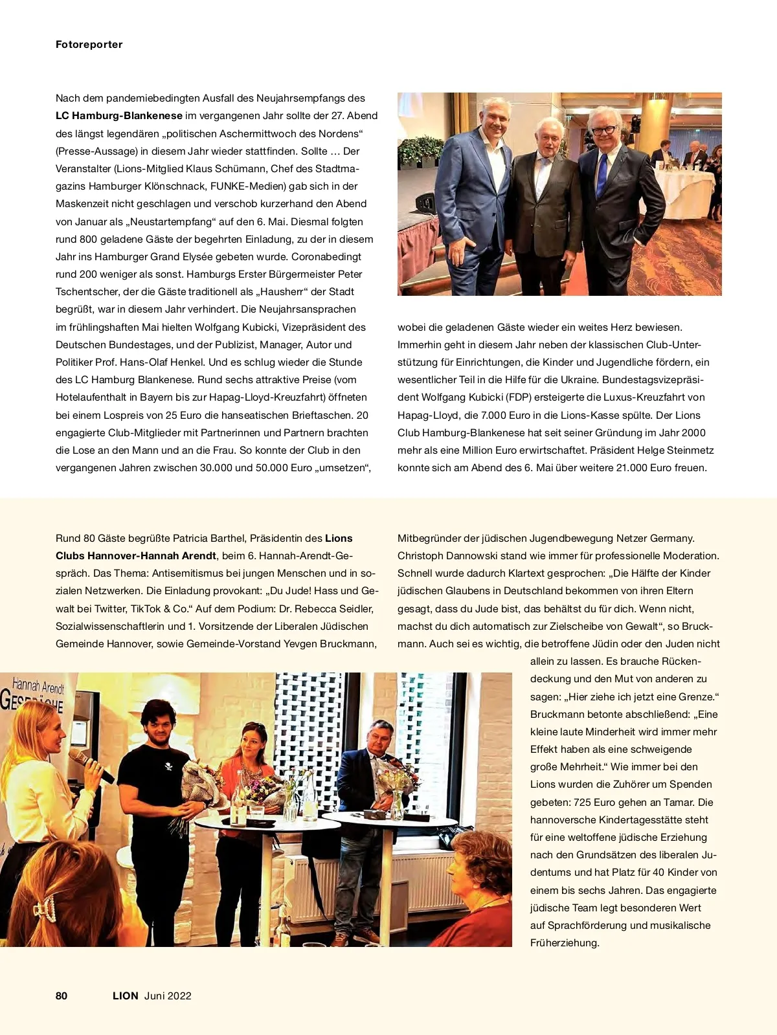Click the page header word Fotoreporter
click(89, 45)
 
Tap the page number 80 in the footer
click(62, 996)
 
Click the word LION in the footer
click(126, 996)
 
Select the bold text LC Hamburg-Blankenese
click(119, 116)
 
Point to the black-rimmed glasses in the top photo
click(603, 130)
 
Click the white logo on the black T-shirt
click(168, 768)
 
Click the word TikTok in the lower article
click(147, 608)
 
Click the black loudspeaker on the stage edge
click(426, 203)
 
